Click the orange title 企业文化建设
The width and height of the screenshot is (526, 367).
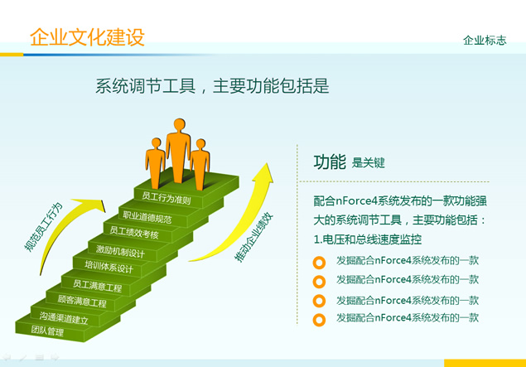(87, 37)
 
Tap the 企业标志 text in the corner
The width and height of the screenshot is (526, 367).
(485, 41)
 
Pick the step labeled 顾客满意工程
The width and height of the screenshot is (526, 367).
(82, 301)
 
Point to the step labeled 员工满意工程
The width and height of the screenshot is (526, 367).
(97, 286)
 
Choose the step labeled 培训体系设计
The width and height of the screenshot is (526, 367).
(109, 267)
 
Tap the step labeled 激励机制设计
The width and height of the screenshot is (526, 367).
(120, 251)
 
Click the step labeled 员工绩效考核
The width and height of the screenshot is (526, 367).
(134, 232)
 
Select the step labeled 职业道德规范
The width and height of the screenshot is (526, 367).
(147, 217)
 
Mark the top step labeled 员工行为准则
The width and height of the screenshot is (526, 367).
(166, 198)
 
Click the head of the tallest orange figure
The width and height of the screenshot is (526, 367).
(180, 124)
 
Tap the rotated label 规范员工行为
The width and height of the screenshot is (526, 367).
(44, 227)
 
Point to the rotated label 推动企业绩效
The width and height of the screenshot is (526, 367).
(254, 237)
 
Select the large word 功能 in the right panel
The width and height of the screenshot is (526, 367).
(330, 162)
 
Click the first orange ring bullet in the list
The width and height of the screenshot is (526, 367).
(319, 263)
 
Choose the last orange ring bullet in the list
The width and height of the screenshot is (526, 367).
(319, 320)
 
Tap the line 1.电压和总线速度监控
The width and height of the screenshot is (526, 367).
(367, 239)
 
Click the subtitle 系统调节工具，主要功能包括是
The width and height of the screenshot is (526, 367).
(212, 86)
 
